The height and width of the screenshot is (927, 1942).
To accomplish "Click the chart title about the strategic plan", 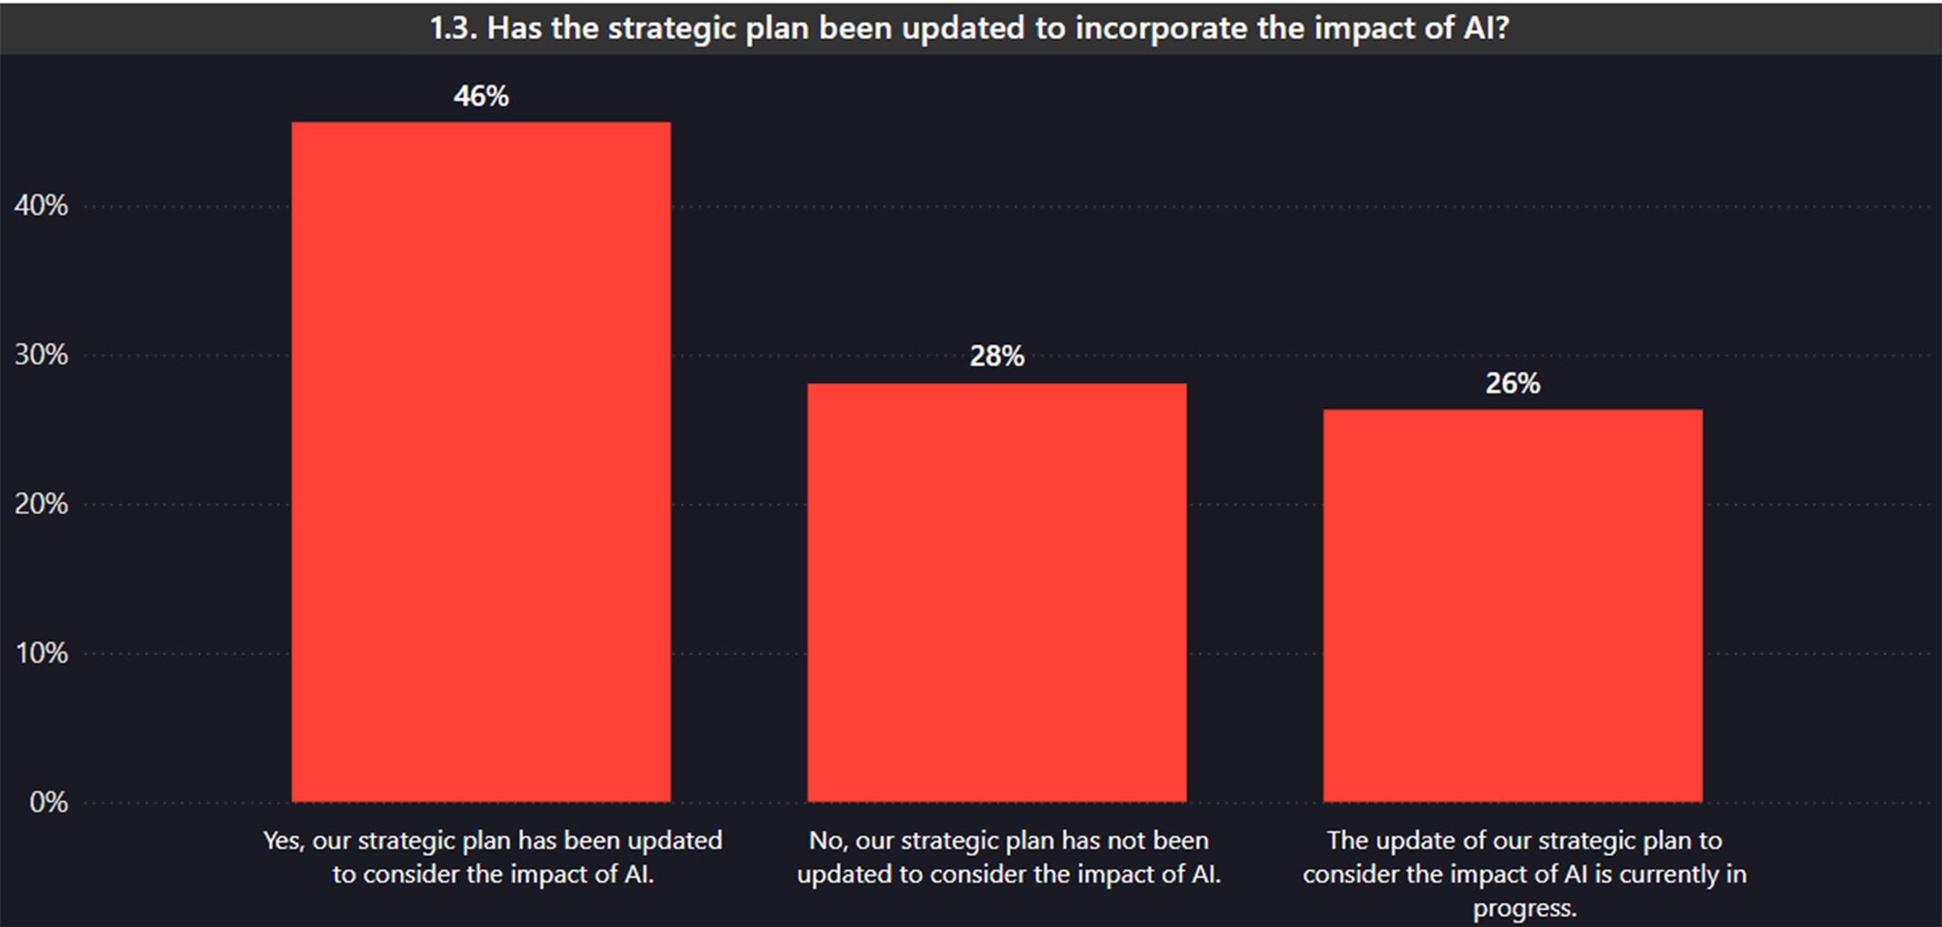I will pyautogui.click(x=969, y=28).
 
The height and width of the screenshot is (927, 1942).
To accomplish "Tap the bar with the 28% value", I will pyautogui.click(x=997, y=592).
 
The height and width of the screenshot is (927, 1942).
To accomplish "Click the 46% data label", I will pyautogui.click(x=481, y=96).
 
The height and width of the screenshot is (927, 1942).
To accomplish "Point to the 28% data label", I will pyautogui.click(x=997, y=357).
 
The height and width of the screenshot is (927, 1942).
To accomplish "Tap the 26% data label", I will pyautogui.click(x=1512, y=383).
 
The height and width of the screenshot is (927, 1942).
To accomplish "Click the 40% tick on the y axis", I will pyautogui.click(x=42, y=206).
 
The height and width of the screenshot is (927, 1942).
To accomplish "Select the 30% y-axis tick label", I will pyautogui.click(x=42, y=355).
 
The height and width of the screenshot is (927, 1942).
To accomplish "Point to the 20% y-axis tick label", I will pyautogui.click(x=42, y=504).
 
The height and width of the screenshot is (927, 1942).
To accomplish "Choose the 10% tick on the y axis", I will pyautogui.click(x=42, y=653).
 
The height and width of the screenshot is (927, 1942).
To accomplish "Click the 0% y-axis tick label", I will pyautogui.click(x=48, y=803).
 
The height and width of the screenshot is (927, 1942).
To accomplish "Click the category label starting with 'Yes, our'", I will pyautogui.click(x=493, y=857).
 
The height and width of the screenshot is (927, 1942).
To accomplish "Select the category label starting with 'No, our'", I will pyautogui.click(x=1009, y=857).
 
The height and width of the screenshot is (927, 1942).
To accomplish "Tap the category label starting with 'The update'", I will pyautogui.click(x=1525, y=873).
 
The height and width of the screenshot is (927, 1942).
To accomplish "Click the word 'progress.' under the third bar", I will pyautogui.click(x=1525, y=908).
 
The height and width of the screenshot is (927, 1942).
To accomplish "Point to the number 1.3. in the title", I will pyautogui.click(x=453, y=28).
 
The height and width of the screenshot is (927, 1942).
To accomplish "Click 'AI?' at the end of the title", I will pyautogui.click(x=1485, y=28).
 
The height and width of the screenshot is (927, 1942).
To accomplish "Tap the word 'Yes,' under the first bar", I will pyautogui.click(x=284, y=841).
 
